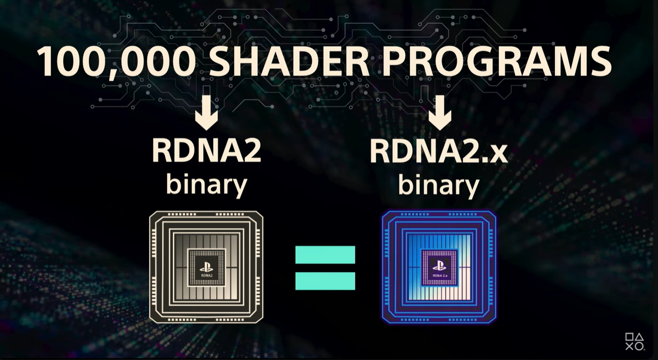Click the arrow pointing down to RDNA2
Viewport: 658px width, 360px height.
pyautogui.click(x=206, y=108)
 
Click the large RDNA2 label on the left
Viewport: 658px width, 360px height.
pyautogui.click(x=206, y=151)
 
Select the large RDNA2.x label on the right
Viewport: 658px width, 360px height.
pyautogui.click(x=439, y=151)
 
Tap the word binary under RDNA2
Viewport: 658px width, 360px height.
pyautogui.click(x=206, y=184)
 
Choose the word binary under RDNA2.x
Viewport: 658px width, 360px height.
pyautogui.click(x=439, y=184)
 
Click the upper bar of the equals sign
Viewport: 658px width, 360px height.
pyautogui.click(x=325, y=255)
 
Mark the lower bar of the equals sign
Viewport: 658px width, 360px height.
pyautogui.click(x=325, y=281)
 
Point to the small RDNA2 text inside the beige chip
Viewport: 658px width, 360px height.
pyautogui.click(x=206, y=275)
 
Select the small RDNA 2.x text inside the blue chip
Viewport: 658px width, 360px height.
pyautogui.click(x=440, y=275)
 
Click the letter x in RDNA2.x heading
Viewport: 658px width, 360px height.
pyautogui.click(x=498, y=154)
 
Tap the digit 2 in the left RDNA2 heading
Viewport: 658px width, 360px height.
pyautogui.click(x=252, y=151)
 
